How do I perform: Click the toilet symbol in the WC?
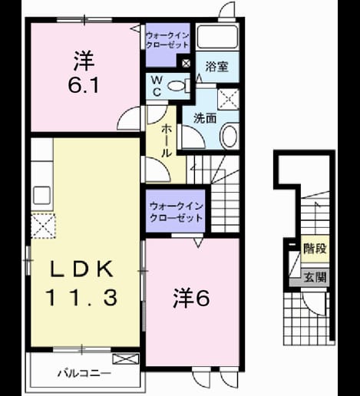click(x=179, y=85)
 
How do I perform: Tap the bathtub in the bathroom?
click(x=217, y=36)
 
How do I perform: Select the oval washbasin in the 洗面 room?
click(x=230, y=136)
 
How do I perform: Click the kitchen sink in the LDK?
click(x=41, y=195)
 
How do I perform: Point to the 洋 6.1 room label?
click(x=84, y=72)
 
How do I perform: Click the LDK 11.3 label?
click(x=81, y=283)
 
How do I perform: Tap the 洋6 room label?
click(x=191, y=298)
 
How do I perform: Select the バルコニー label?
click(x=84, y=374)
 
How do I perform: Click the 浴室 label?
click(x=217, y=67)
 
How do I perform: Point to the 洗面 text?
click(x=205, y=118)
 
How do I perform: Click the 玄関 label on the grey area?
click(x=315, y=277)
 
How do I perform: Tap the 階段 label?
click(x=315, y=248)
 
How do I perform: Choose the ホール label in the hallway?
click(x=167, y=140)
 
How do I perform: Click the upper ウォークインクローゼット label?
click(x=167, y=40)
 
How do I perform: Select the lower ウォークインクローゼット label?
click(x=177, y=212)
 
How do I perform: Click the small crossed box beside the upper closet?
click(x=186, y=63)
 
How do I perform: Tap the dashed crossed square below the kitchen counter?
click(x=43, y=226)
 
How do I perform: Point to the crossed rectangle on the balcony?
click(x=126, y=358)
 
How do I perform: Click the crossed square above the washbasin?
click(x=229, y=99)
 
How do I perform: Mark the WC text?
click(x=157, y=86)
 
